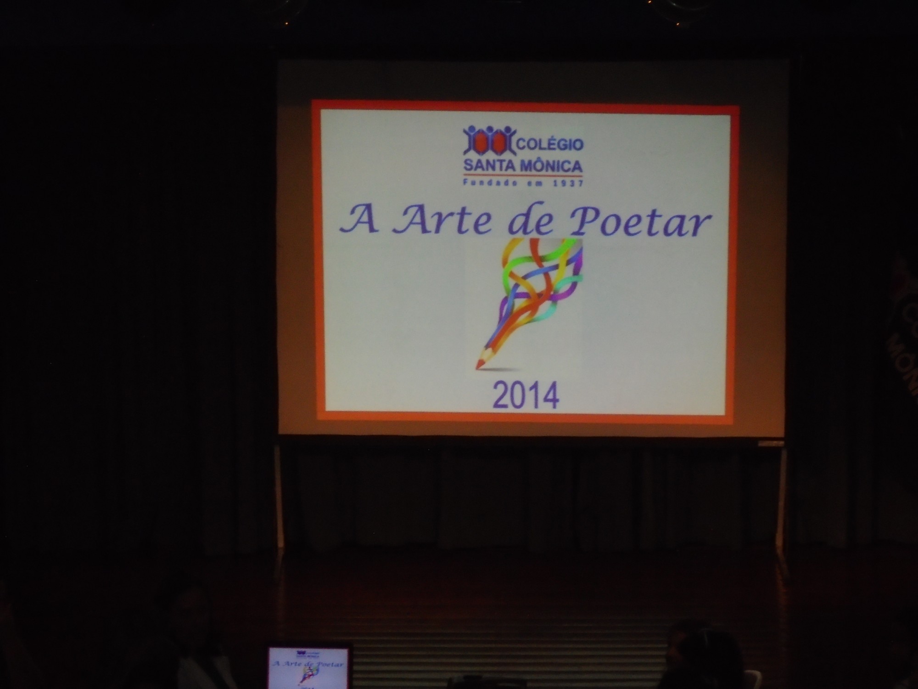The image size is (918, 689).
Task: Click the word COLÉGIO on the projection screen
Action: point(550,144)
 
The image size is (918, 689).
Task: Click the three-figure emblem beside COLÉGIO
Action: point(489,141)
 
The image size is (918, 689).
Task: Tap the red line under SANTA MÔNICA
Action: point(523,175)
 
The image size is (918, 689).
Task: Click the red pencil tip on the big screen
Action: point(479,364)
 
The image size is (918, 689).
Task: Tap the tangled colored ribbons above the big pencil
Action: point(542,280)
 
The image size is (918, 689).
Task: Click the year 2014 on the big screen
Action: point(526,395)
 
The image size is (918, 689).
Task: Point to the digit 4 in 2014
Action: point(551,395)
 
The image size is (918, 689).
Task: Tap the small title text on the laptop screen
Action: point(308,664)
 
